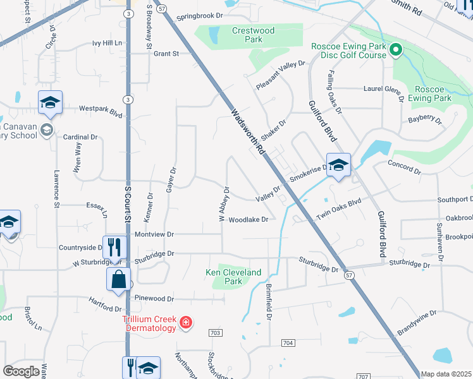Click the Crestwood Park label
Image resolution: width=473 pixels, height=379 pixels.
[x=253, y=35]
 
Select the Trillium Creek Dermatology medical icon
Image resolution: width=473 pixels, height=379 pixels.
[x=186, y=323]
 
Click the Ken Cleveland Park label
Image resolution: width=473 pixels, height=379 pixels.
[x=233, y=277]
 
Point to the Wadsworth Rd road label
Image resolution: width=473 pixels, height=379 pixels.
[x=248, y=133]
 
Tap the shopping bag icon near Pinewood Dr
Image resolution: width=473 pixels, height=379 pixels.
[x=120, y=279]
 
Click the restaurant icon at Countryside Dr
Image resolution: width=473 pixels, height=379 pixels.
[x=114, y=245]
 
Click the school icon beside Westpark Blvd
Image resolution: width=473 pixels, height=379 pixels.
[x=50, y=102]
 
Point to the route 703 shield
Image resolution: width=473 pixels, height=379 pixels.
[x=215, y=332]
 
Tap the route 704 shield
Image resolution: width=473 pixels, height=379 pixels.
[x=288, y=342]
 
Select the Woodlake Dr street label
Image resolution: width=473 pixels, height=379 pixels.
[x=249, y=220]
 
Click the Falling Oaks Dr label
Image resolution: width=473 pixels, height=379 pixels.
[x=334, y=92]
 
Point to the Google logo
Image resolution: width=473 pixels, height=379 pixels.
[x=21, y=371]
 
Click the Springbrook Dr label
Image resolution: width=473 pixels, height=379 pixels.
[x=200, y=16]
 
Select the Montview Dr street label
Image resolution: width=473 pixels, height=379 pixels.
[x=152, y=234]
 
